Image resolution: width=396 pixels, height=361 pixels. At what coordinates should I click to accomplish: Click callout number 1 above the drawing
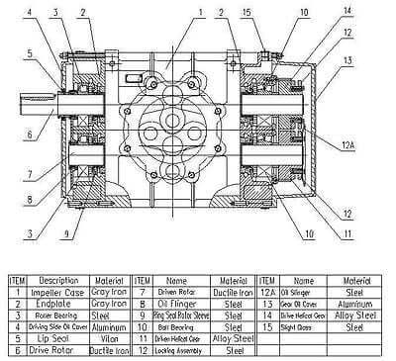tap(200, 12)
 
